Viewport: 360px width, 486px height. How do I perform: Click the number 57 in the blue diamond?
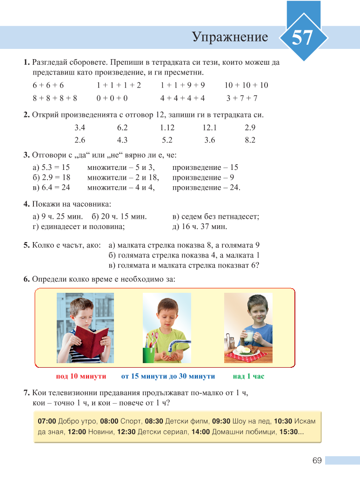click(x=302, y=38)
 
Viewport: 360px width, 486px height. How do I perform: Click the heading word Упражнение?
click(x=230, y=37)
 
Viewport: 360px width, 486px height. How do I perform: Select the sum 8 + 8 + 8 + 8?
click(x=55, y=98)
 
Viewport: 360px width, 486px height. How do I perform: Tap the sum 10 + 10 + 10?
click(x=246, y=85)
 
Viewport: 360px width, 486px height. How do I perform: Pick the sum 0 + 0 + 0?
click(x=112, y=98)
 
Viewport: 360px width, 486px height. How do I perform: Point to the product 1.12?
click(x=167, y=128)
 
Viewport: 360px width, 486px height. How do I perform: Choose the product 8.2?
click(x=250, y=140)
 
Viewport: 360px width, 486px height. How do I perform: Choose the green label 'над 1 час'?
click(x=249, y=376)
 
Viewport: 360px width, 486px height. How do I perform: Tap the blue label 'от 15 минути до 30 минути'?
click(x=168, y=376)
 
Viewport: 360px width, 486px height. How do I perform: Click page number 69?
click(x=317, y=460)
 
